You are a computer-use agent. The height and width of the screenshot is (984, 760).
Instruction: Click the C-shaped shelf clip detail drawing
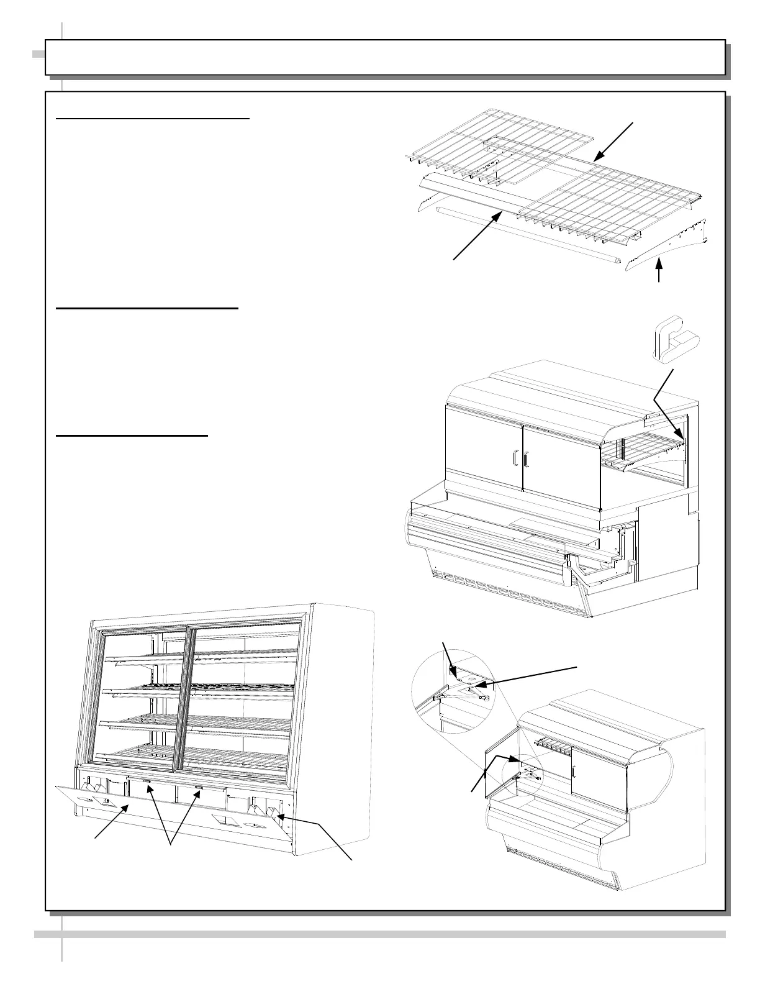[673, 345]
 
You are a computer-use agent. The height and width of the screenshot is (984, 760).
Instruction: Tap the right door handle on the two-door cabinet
[527, 459]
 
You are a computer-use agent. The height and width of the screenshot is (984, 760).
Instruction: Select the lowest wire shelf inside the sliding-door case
[199, 754]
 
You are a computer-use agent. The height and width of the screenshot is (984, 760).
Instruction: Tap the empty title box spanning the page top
[385, 57]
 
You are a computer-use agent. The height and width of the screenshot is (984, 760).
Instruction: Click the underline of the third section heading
[132, 436]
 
